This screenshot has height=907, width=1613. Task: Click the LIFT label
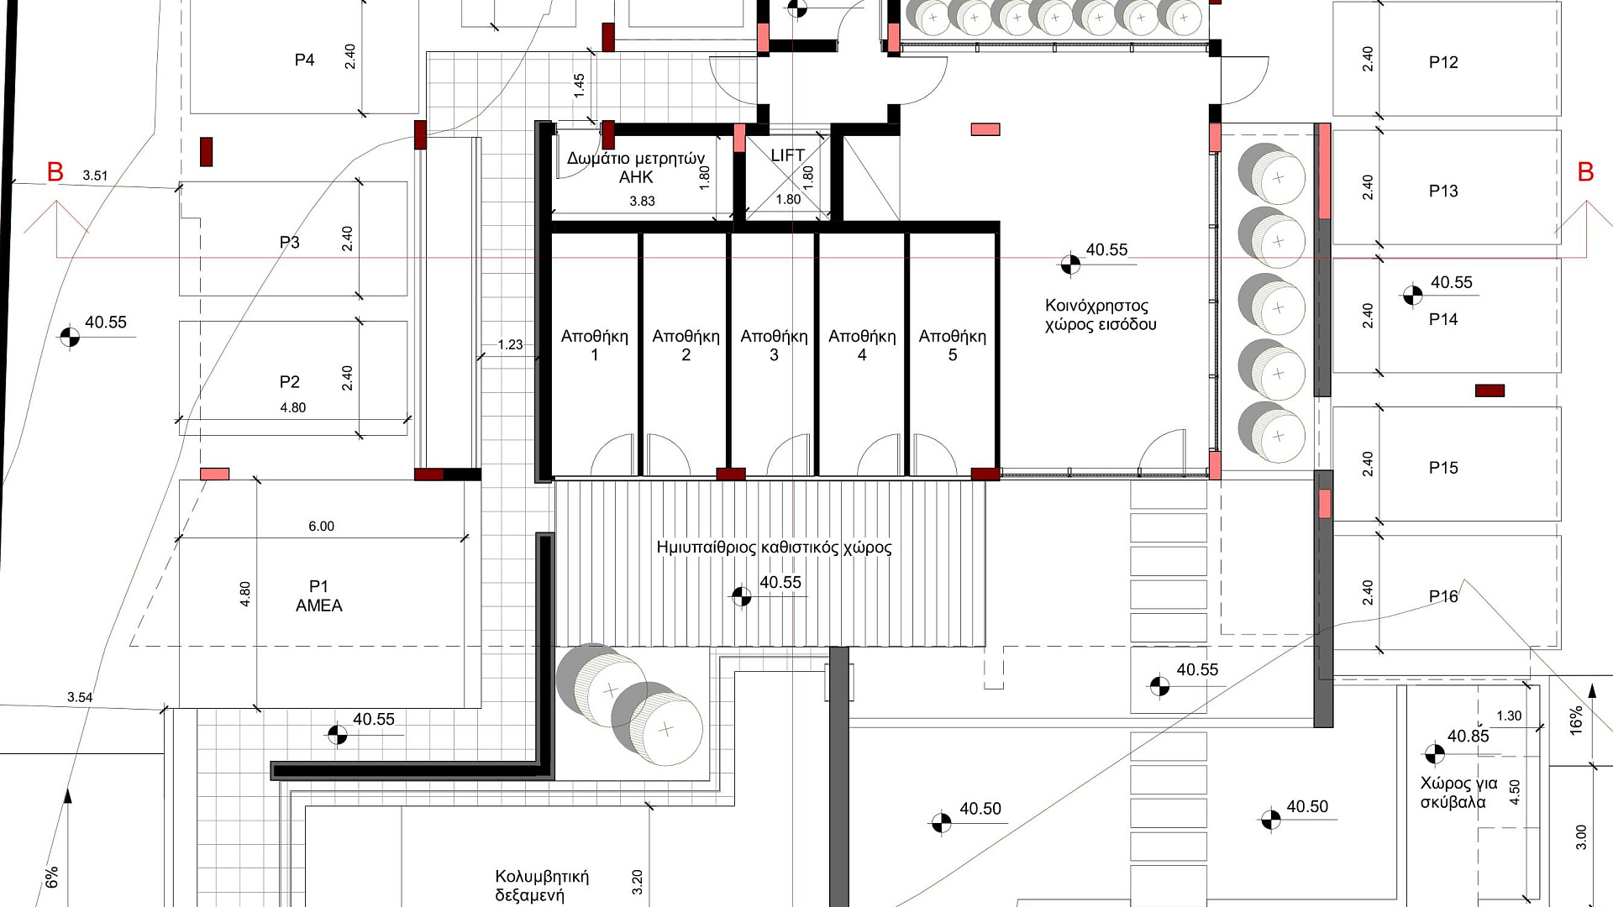click(787, 155)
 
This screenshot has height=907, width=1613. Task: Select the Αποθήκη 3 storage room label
click(774, 345)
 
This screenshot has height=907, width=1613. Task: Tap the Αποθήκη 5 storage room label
click(952, 345)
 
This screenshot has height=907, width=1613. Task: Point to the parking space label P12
click(1443, 62)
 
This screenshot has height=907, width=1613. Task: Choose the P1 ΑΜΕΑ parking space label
click(318, 596)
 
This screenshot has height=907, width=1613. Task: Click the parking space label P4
click(304, 60)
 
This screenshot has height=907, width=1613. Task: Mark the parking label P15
click(1443, 468)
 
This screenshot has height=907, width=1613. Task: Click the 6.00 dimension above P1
click(321, 527)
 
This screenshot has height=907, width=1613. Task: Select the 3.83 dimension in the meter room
click(642, 202)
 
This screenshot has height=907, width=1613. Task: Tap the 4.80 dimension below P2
click(292, 408)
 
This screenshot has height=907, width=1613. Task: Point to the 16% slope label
click(1576, 721)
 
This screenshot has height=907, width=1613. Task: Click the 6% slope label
click(52, 878)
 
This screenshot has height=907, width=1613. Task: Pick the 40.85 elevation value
click(1468, 737)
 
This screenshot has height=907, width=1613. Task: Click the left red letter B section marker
click(55, 172)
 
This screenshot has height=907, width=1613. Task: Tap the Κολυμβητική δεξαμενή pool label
click(542, 886)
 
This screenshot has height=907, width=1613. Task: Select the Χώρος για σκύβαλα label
click(1458, 793)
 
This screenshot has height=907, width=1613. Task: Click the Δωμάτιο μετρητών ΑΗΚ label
click(636, 168)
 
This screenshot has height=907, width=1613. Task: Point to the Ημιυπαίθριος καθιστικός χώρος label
click(774, 548)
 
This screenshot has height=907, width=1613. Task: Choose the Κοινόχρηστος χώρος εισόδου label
click(1101, 315)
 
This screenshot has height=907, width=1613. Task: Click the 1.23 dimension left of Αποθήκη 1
click(510, 344)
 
